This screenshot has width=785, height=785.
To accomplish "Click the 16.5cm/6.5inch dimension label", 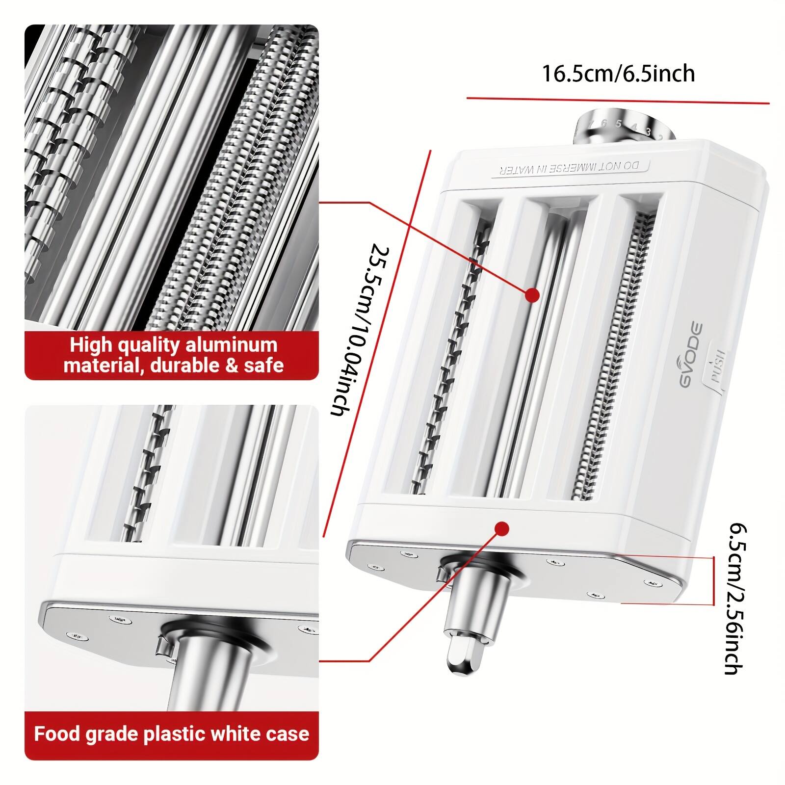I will tap(618, 74).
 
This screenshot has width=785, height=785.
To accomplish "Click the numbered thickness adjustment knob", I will tap(621, 126).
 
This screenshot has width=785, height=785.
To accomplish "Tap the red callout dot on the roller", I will tap(532, 295).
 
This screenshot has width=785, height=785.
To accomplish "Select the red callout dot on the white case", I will tap(501, 528).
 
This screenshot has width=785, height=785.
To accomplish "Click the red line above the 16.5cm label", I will tap(618, 101).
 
